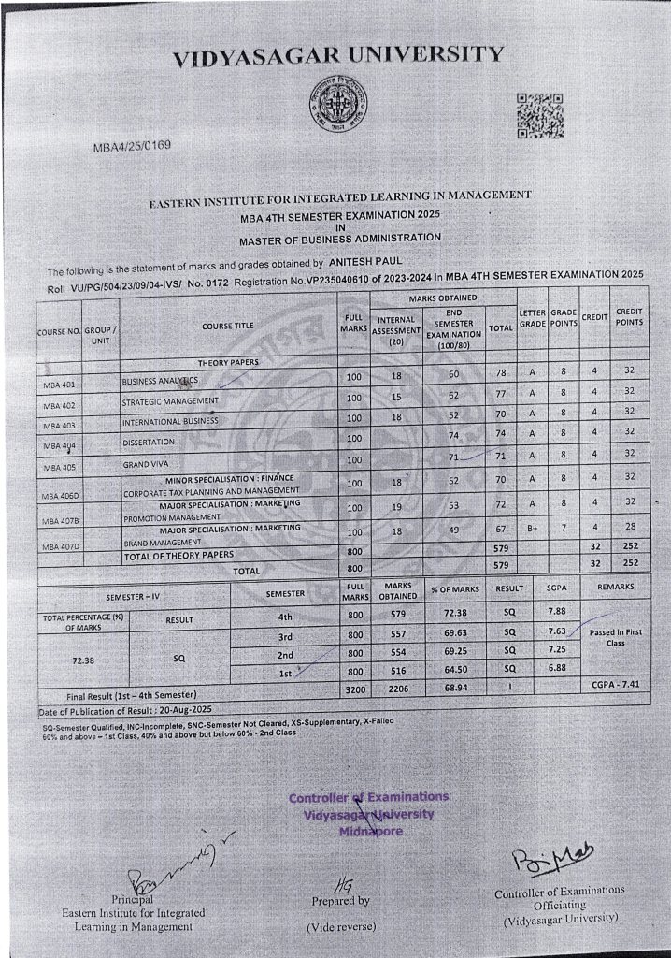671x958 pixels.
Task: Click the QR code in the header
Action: coord(539,114)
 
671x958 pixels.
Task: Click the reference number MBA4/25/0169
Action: coord(132,148)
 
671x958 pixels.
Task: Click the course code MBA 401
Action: coord(59,385)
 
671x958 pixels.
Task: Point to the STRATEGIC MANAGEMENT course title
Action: coord(170,401)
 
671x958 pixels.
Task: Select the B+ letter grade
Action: coord(532,528)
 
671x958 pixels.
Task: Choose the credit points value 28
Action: coord(629,527)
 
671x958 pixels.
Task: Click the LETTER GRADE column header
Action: coord(532,317)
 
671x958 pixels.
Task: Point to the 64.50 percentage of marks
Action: coord(455,670)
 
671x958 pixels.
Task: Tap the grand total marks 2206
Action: coord(398,689)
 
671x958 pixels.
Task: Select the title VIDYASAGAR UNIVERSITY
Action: coord(337,55)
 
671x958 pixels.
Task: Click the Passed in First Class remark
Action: coord(614,637)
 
